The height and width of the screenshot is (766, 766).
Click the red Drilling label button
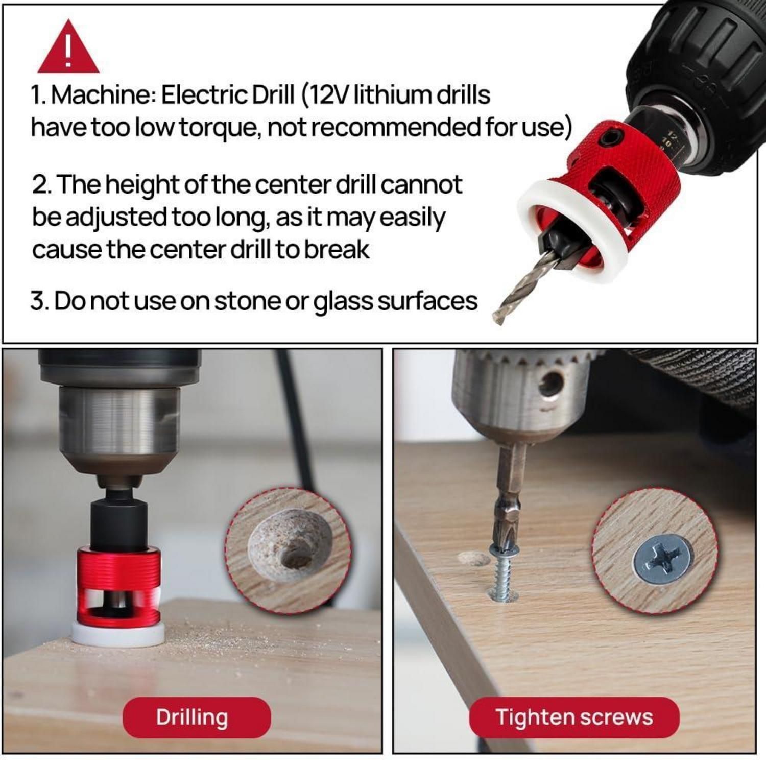click(x=197, y=717)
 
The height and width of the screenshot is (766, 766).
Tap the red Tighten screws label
click(x=574, y=717)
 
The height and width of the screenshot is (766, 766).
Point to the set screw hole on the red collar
click(x=610, y=137)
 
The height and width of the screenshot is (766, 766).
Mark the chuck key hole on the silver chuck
click(x=552, y=384)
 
